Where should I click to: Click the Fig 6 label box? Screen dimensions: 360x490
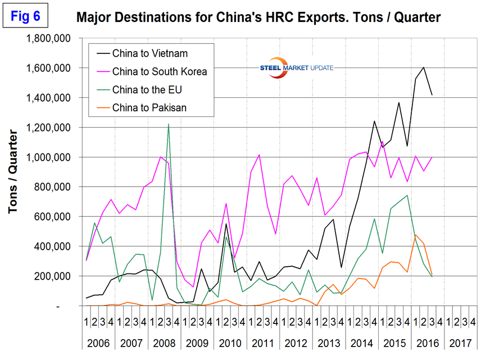point(26,16)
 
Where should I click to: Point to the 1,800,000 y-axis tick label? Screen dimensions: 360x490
point(50,38)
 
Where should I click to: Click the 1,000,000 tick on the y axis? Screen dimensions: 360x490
point(50,157)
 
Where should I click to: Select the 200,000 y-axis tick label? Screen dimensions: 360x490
point(55,276)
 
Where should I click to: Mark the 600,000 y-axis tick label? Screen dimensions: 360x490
point(55,217)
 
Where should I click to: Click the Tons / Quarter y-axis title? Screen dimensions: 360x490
point(15,172)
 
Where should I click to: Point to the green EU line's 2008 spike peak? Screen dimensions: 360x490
point(169,124)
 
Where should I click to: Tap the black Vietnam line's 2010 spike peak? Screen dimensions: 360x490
point(226,224)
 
